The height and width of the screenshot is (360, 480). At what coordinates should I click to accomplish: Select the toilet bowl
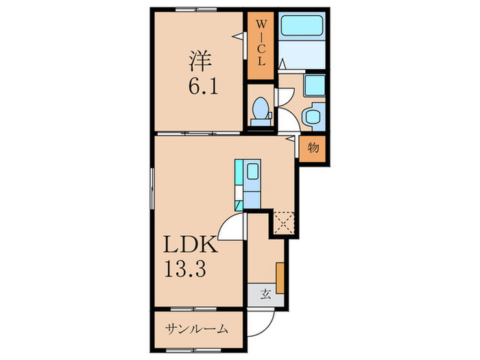click(x=260, y=108)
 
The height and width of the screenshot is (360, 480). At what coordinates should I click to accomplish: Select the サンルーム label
click(x=196, y=329)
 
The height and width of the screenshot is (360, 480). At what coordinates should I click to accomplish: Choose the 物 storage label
click(x=312, y=147)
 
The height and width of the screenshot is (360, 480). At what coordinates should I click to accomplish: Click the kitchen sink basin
click(x=252, y=171)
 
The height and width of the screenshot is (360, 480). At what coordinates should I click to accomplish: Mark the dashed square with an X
click(x=283, y=221)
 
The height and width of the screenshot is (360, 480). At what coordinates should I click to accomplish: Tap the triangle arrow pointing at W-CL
click(x=241, y=36)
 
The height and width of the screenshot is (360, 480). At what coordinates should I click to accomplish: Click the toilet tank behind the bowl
click(x=260, y=122)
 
